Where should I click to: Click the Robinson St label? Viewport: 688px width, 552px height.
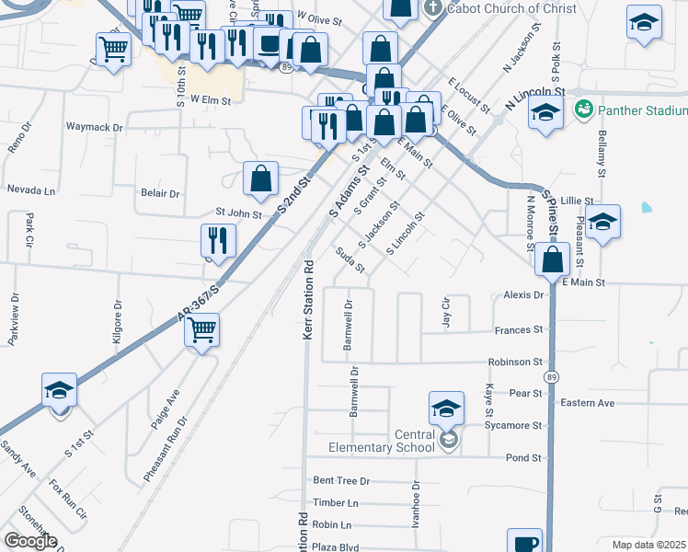(516, 362)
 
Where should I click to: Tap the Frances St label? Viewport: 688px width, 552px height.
(519, 329)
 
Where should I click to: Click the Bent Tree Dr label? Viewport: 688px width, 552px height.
(341, 480)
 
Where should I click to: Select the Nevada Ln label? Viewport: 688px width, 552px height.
(31, 190)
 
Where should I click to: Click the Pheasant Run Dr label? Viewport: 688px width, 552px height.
(166, 449)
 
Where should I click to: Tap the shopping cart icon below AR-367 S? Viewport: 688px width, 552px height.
(201, 329)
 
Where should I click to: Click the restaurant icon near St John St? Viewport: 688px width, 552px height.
(218, 240)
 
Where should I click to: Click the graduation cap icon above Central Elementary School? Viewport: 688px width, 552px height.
(446, 408)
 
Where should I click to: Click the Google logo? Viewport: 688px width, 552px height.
(30, 541)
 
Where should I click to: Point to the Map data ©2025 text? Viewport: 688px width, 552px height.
(649, 545)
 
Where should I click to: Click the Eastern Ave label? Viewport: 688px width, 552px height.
(587, 403)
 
